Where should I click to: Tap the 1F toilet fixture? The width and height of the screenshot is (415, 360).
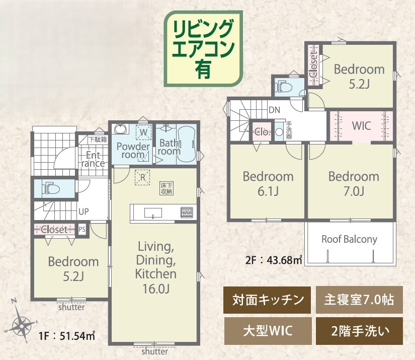point(51,188)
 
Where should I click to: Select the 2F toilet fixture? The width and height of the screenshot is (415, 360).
point(283,87)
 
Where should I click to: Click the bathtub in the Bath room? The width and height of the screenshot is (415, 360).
point(186,144)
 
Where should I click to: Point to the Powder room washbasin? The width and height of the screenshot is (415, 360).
point(121,129)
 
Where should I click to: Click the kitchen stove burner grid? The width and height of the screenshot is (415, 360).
point(187,212)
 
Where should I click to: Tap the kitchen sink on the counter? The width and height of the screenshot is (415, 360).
point(153,212)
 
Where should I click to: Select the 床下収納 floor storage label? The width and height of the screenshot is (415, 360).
point(167,188)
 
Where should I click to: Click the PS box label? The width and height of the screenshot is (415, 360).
point(82,229)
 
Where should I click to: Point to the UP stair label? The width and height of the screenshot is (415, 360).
point(84,211)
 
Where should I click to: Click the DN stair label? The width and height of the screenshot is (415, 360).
point(274,110)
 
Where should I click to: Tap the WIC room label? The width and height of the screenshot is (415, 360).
point(361,126)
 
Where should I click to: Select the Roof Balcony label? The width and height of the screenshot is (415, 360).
point(349,239)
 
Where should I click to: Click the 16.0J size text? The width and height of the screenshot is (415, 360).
point(156,289)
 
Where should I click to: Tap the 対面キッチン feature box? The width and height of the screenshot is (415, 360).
point(267,300)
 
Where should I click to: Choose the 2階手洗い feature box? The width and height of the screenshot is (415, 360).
point(360,331)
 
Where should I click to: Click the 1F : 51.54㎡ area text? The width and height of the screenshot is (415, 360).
point(67,336)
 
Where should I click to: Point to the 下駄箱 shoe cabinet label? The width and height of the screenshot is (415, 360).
point(98,139)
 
